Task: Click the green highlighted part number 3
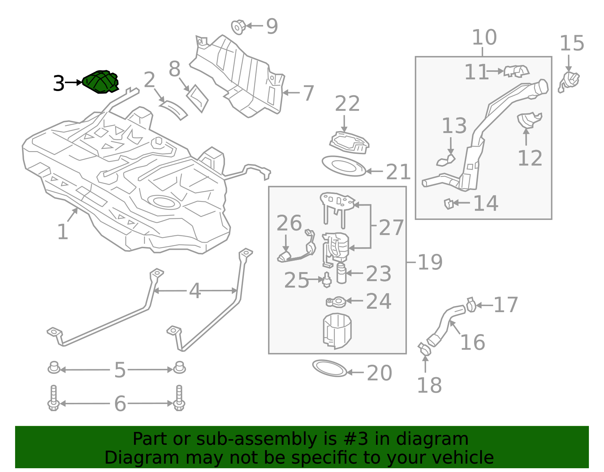pyautogui.click(x=100, y=82)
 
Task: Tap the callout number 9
pyautogui.click(x=272, y=26)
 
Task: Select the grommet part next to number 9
pyautogui.click(x=238, y=27)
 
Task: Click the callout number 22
pyautogui.click(x=347, y=104)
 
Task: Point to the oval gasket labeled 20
pyautogui.click(x=330, y=368)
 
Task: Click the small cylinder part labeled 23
pyautogui.click(x=341, y=274)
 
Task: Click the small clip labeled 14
pyautogui.click(x=448, y=204)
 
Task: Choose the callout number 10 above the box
pyautogui.click(x=484, y=37)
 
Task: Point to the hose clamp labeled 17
pyautogui.click(x=471, y=305)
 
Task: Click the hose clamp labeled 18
pyautogui.click(x=424, y=349)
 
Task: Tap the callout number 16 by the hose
pyautogui.click(x=472, y=342)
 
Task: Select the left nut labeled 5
pyautogui.click(x=54, y=368)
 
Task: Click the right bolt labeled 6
pyautogui.click(x=179, y=398)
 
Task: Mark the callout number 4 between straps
pyautogui.click(x=195, y=291)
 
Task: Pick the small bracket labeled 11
pyautogui.click(x=516, y=70)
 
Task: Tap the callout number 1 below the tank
pyautogui.click(x=62, y=232)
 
